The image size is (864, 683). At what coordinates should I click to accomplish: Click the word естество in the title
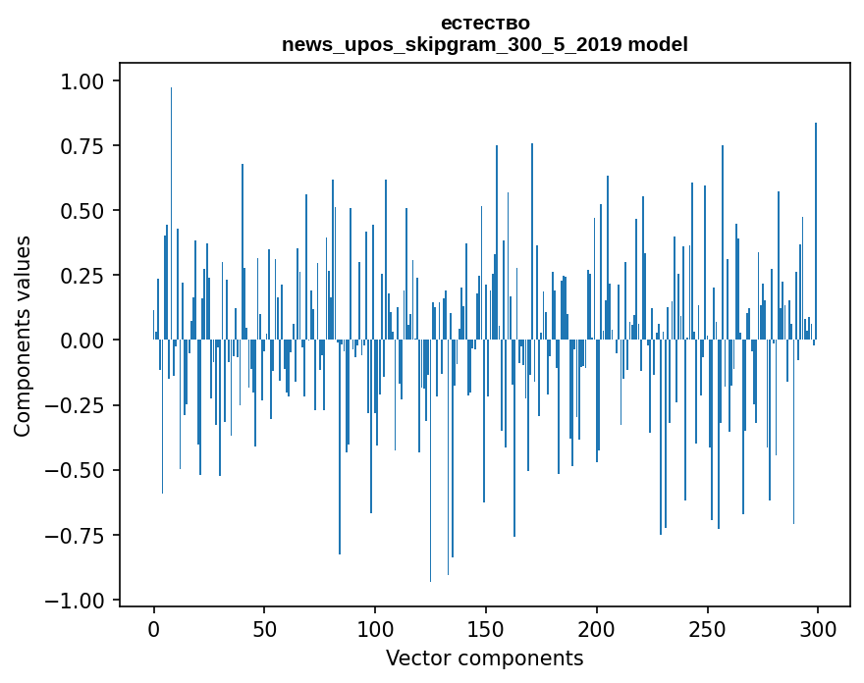point(485,23)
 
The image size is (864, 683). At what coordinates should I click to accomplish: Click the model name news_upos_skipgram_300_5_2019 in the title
point(453,44)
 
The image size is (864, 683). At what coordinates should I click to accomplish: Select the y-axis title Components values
point(23,336)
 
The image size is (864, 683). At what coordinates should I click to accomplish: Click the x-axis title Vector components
point(484,658)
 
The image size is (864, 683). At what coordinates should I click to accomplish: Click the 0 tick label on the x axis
point(154,629)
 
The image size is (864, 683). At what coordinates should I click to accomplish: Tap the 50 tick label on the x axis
point(264,629)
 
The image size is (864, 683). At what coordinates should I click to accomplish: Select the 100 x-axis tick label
point(375,629)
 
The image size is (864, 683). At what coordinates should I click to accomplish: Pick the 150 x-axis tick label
point(485,629)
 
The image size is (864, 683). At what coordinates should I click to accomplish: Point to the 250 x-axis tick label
point(707,629)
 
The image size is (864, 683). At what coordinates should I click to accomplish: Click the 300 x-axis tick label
point(817,629)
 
